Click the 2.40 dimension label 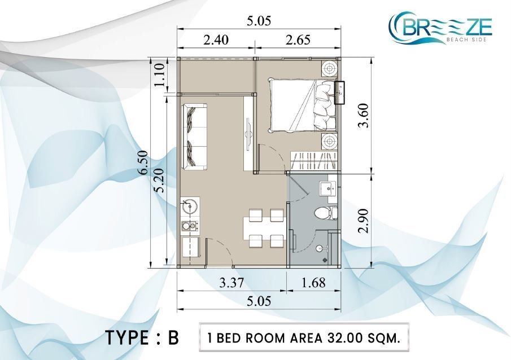tap(216, 39)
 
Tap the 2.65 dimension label tap(298, 39)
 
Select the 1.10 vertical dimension tap(160, 75)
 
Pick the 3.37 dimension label tap(231, 283)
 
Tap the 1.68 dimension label tap(313, 283)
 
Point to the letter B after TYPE tap(173, 338)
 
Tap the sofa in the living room tap(195, 137)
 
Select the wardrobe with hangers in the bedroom tap(313, 160)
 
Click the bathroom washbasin tap(326, 188)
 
